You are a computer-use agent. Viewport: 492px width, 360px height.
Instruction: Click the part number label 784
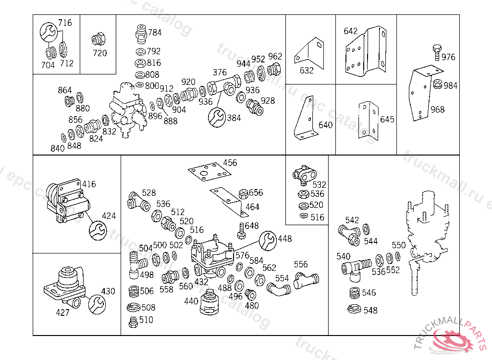[x=155, y=33]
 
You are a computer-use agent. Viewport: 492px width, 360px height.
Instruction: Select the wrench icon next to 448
[x=268, y=240]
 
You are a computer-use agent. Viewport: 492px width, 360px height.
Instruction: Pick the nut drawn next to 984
[x=437, y=84]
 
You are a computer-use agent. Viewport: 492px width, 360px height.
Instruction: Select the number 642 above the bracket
[x=351, y=31]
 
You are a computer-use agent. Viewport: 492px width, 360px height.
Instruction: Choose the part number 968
[x=437, y=109]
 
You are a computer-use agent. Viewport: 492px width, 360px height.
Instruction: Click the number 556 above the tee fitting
[x=301, y=264]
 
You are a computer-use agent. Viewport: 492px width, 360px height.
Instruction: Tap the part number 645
[x=387, y=120]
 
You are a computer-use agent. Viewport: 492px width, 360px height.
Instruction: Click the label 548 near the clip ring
[x=370, y=311]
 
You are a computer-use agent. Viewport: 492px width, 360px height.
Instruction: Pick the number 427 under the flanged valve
[x=62, y=312]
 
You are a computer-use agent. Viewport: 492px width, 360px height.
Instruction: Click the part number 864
[x=64, y=91]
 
